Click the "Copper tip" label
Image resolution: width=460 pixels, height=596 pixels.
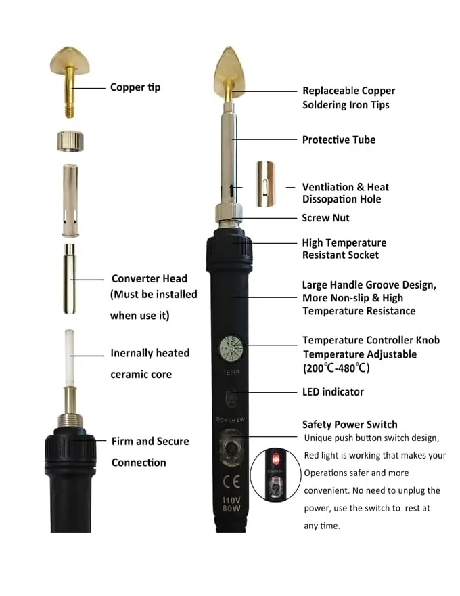[x=135, y=87]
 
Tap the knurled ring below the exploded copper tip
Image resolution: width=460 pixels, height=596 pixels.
[x=70, y=142]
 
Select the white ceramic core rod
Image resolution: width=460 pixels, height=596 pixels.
[x=70, y=358]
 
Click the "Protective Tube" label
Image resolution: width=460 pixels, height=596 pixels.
[x=338, y=140]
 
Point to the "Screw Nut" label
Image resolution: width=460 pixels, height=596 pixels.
[x=325, y=218]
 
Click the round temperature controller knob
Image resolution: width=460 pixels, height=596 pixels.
[x=231, y=349]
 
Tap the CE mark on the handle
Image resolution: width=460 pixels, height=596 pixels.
[x=231, y=482]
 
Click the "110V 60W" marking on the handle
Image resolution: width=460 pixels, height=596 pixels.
[x=231, y=504]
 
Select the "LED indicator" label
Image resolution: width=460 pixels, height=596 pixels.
[x=333, y=392]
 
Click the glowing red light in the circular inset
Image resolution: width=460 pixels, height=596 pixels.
[x=275, y=460]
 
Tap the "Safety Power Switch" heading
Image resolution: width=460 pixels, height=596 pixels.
[x=350, y=425]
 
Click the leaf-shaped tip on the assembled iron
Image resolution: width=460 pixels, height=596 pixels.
[x=229, y=72]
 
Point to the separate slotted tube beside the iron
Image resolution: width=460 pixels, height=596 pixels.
[x=265, y=184]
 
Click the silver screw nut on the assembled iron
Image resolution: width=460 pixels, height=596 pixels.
[x=229, y=213]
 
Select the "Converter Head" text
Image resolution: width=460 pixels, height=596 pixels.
[x=149, y=278]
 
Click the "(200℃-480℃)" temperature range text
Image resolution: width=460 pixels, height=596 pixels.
[x=336, y=368]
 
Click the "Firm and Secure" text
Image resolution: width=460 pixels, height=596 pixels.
[x=150, y=442]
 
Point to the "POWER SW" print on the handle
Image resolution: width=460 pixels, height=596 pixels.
[x=231, y=420]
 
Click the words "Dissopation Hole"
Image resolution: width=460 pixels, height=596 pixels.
[x=342, y=199]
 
